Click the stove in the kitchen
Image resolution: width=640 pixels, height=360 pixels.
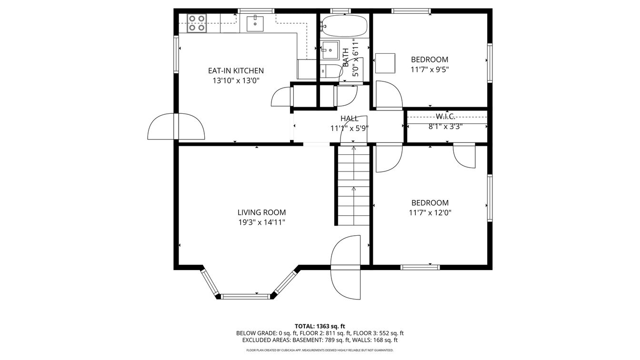click(197, 22)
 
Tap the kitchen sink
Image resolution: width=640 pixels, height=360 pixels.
click(255, 23)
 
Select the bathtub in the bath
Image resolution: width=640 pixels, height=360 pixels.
click(344, 26)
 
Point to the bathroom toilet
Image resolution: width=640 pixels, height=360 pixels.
click(330, 71)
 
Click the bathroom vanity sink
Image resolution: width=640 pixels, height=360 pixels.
click(331, 50)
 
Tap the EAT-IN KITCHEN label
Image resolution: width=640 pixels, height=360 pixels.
click(236, 70)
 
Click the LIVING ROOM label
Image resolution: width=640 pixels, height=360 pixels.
click(262, 212)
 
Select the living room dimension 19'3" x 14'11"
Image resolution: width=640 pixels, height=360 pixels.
click(262, 222)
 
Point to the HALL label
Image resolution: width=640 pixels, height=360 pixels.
click(350, 118)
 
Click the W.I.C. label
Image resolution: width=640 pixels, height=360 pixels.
click(445, 116)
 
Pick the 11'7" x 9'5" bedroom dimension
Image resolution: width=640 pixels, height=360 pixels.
click(430, 70)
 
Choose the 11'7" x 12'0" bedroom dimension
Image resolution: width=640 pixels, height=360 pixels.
click(430, 212)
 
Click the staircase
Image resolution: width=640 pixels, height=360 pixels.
click(354, 185)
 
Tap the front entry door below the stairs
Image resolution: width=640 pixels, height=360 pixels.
click(346, 268)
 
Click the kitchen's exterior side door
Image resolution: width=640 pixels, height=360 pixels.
click(176, 127)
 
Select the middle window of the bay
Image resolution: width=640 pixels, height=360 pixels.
click(246, 297)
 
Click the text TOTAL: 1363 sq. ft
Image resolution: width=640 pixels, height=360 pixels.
click(320, 326)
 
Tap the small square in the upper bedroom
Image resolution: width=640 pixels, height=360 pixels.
click(385, 63)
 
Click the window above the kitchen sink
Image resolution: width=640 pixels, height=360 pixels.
click(256, 11)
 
